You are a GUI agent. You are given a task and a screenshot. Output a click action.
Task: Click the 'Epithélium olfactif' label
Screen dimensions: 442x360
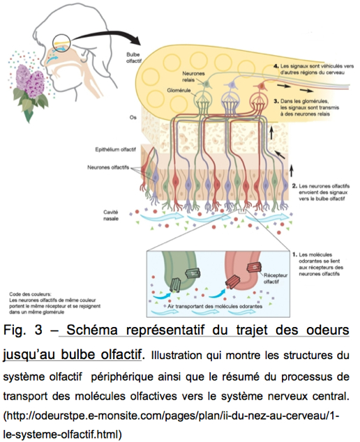pyautogui.click(x=114, y=149)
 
